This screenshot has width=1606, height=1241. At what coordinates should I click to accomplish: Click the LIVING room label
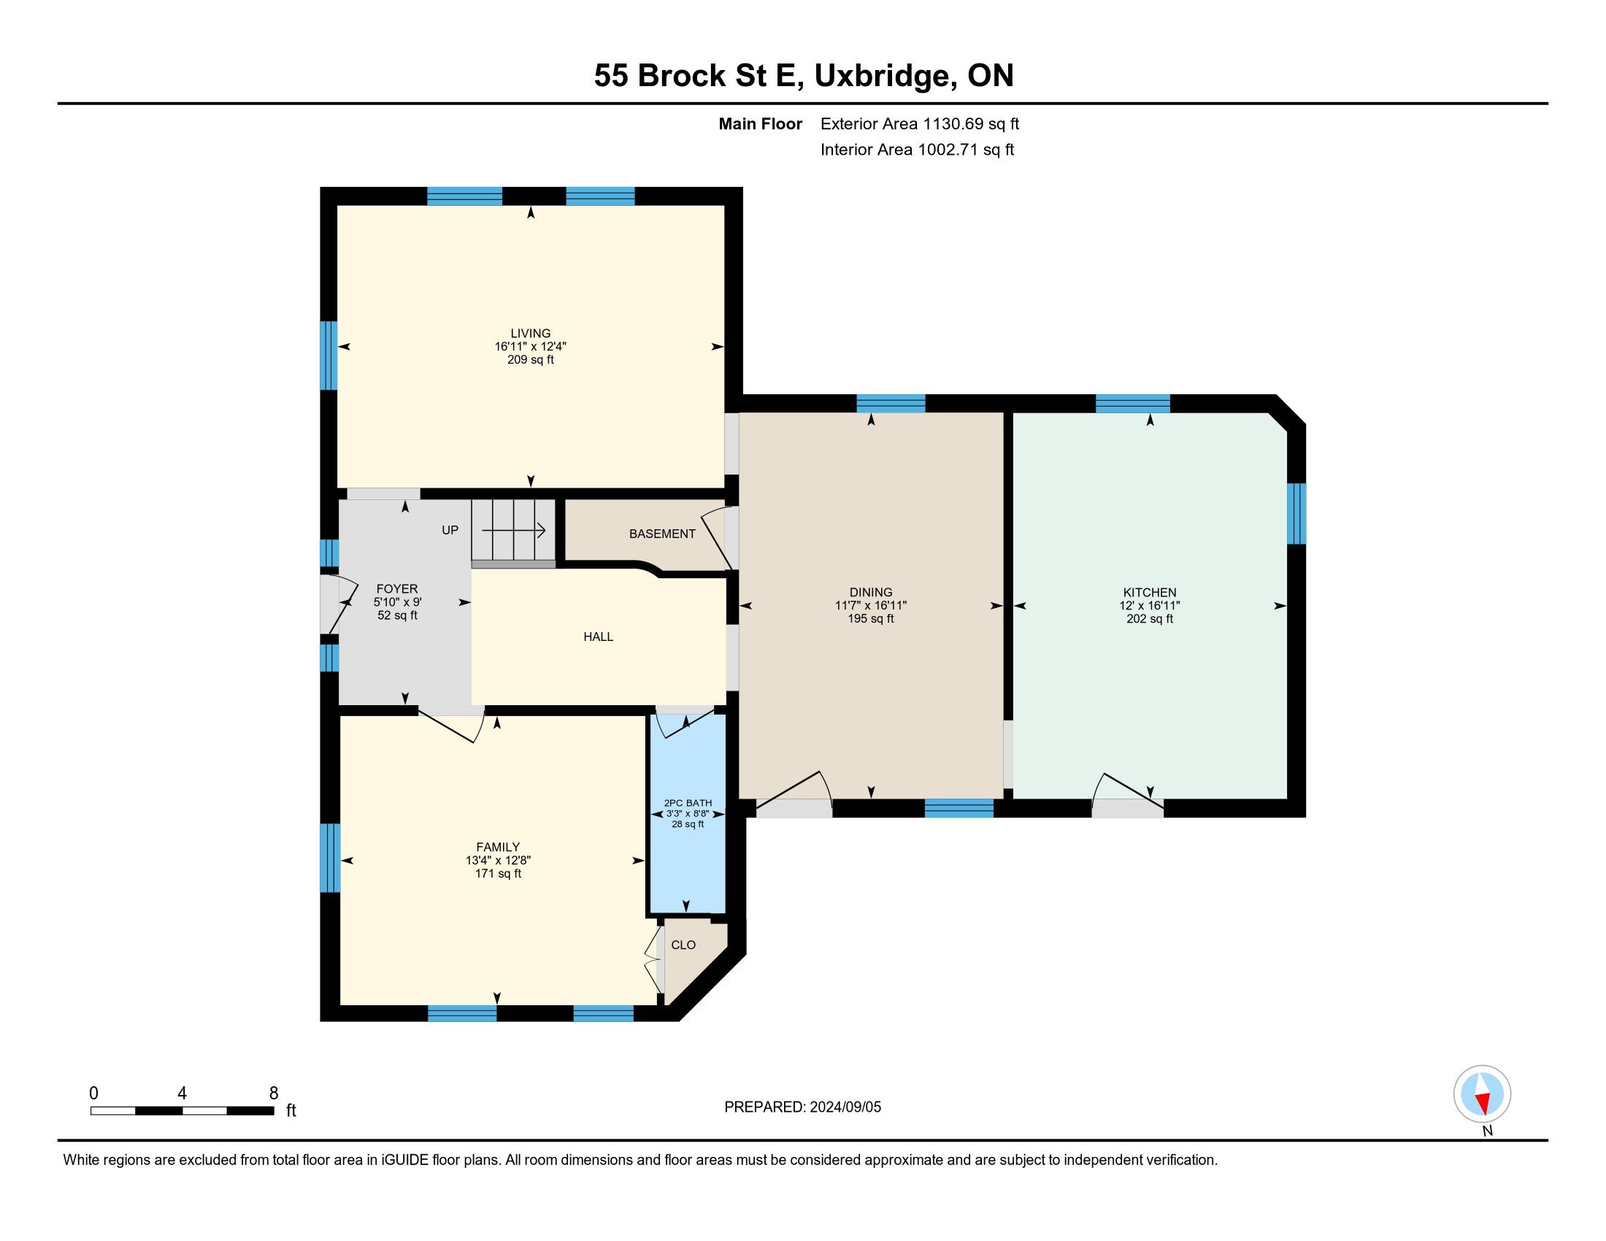click(530, 333)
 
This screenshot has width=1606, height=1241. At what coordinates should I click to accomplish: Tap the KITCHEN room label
click(1149, 593)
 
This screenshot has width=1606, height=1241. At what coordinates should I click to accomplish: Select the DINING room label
click(871, 593)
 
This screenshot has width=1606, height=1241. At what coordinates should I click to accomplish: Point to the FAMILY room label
click(498, 847)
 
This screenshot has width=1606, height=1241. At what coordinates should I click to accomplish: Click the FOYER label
click(397, 589)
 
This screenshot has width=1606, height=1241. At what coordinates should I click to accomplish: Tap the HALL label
click(598, 637)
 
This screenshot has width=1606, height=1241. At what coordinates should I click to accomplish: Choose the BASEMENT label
click(662, 534)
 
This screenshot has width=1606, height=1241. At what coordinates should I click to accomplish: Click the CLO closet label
click(683, 945)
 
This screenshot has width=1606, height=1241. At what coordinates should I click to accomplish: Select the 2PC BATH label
click(688, 803)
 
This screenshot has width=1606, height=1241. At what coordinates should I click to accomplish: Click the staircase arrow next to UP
click(513, 529)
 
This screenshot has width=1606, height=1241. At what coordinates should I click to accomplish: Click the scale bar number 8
click(274, 1094)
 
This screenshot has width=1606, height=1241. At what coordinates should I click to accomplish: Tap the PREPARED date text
click(802, 1107)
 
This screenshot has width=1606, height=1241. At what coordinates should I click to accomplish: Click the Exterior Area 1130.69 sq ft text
click(920, 123)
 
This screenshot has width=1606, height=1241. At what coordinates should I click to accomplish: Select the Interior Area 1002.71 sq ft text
click(917, 149)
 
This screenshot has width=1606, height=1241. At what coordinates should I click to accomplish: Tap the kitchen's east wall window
click(1296, 513)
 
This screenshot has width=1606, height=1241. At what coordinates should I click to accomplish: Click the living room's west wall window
click(328, 355)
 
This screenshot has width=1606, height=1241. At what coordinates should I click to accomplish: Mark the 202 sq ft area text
click(1149, 619)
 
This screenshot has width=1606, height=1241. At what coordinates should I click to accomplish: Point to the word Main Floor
click(761, 123)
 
